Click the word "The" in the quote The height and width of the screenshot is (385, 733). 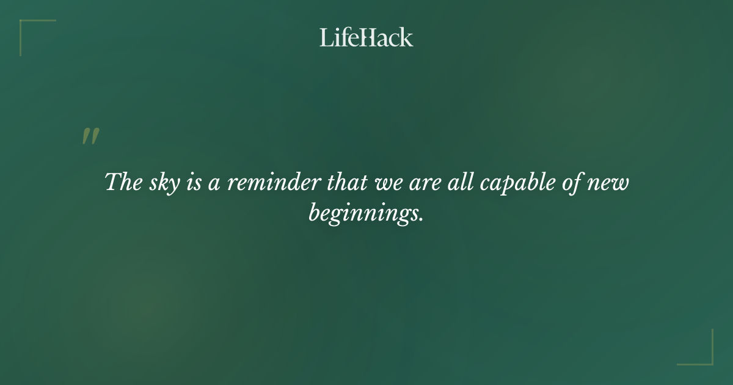124,183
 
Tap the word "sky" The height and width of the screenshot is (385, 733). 162,183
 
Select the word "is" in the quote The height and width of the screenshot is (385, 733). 194,183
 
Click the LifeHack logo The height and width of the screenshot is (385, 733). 366,37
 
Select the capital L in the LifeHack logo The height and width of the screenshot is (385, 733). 326,37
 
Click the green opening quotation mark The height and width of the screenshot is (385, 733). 90,137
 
